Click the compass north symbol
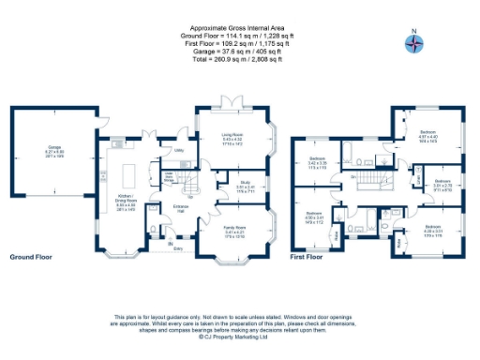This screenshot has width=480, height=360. point(412,42)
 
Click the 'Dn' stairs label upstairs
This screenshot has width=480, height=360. point(352,176)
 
